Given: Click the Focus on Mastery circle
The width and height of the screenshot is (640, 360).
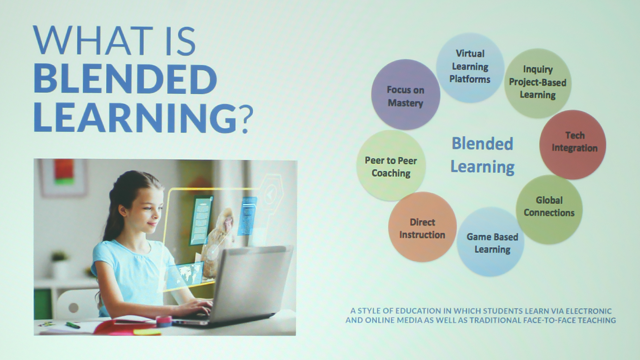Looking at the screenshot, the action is (406, 95).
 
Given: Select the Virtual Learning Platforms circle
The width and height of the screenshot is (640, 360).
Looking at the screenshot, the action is (470, 67).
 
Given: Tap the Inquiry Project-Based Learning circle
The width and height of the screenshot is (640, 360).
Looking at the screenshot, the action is (538, 83).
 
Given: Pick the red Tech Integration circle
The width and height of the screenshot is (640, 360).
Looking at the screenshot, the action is (573, 145).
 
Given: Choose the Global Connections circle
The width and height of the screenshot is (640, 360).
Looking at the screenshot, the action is (549, 209).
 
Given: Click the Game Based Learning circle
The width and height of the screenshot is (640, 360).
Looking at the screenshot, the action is (491, 242).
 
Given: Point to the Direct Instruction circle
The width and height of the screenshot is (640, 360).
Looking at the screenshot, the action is (422, 227).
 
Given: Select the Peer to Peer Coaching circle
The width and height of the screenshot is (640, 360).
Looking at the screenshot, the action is (391, 166).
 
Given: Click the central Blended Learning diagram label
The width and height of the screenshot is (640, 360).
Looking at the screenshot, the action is (482, 155).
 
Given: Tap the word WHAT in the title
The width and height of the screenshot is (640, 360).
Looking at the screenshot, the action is (93, 41).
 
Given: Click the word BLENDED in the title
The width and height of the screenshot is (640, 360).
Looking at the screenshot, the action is (125, 79).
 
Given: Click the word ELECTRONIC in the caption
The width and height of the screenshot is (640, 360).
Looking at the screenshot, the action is (589, 311).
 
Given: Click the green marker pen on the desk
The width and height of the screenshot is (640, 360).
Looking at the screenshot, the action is (73, 325).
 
